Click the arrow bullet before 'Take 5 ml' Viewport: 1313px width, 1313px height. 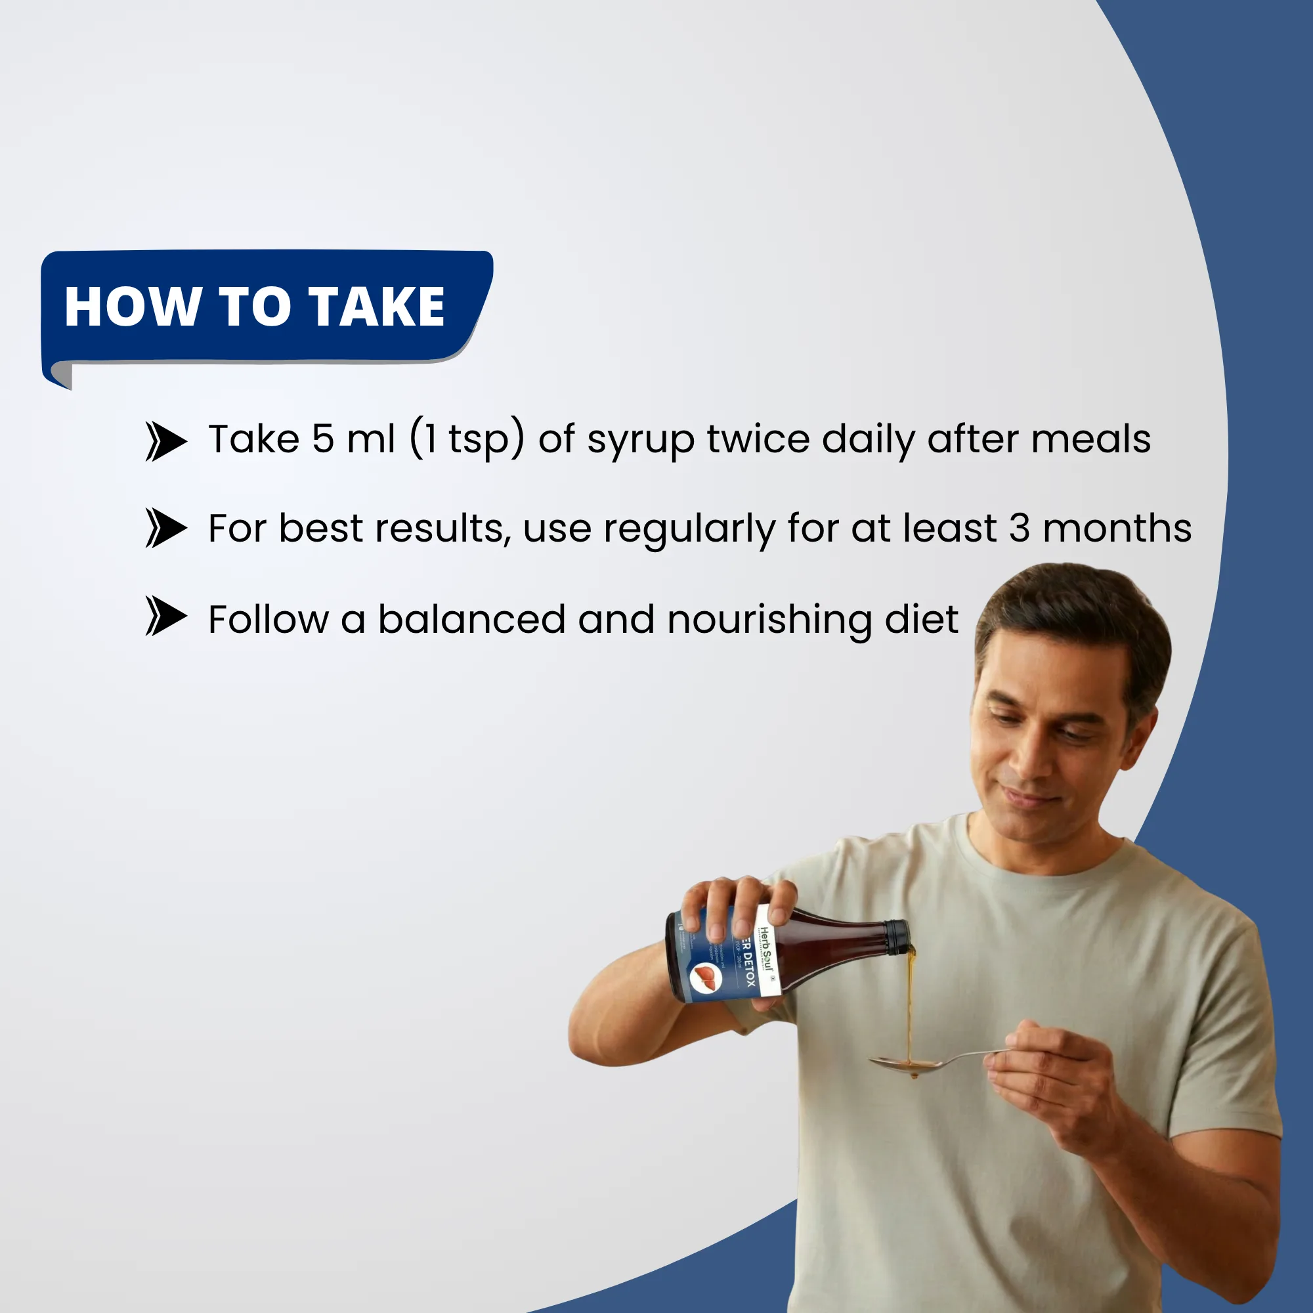tap(165, 441)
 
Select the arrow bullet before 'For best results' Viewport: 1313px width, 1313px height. tap(165, 528)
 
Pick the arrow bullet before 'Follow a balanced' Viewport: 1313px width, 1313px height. tap(165, 616)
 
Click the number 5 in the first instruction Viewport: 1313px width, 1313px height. tap(323, 439)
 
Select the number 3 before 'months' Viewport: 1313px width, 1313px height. tap(1019, 528)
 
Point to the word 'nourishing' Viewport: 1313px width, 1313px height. tap(769, 620)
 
